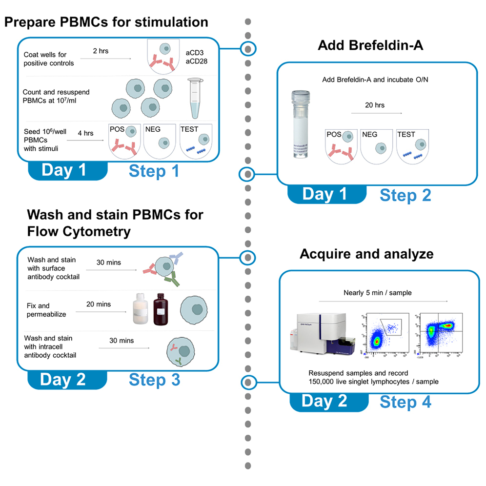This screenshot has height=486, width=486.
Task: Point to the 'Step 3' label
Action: (x=155, y=380)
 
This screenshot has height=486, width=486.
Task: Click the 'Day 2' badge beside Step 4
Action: (x=324, y=401)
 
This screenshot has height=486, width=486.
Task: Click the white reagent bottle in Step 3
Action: (x=141, y=311)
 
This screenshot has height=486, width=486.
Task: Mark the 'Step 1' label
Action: (x=154, y=171)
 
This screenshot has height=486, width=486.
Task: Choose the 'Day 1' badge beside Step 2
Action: (x=324, y=194)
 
